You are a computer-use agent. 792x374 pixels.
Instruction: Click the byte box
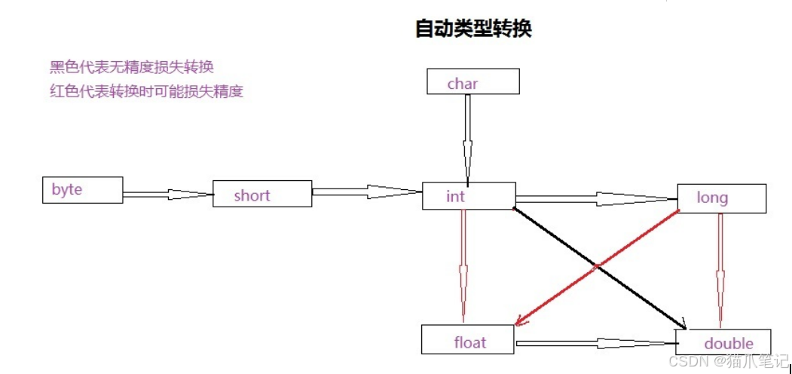82,190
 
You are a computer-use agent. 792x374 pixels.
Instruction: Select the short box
261,194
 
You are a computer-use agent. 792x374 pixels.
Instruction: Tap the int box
468,196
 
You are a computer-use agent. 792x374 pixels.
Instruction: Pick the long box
721,198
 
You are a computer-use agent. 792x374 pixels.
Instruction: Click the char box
472,82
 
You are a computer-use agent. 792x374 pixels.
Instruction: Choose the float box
466,340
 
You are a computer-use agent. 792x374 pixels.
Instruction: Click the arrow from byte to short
167,194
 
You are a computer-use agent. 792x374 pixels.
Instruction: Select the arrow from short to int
367,192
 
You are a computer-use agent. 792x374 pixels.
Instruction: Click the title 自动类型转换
474,29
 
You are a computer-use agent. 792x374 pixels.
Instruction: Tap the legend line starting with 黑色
132,67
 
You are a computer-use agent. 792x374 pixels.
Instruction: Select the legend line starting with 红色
146,92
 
